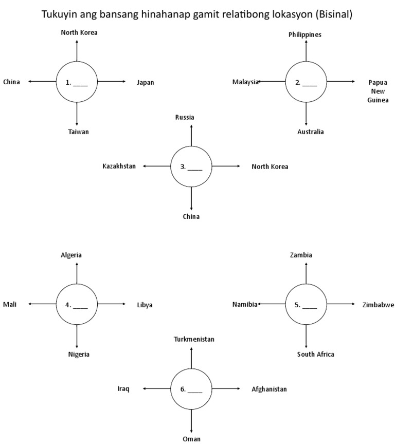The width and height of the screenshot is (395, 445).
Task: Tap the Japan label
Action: (145, 82)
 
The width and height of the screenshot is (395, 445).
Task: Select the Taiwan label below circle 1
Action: (78, 132)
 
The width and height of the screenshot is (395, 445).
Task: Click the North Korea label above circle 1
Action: (79, 32)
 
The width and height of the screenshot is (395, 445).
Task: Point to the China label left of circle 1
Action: (11, 82)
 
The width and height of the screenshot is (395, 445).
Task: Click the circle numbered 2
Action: (306, 82)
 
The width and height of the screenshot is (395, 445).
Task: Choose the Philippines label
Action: (305, 34)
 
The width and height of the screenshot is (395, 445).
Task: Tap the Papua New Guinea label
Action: (378, 91)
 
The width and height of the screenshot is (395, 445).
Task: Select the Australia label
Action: (310, 132)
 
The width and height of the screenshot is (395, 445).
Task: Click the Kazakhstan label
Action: (119, 166)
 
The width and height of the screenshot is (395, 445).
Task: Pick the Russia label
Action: (185, 117)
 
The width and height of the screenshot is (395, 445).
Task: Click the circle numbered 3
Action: (191, 166)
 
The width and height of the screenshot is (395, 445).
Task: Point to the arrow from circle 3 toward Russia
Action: (191, 135)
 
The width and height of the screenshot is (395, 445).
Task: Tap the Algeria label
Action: (71, 255)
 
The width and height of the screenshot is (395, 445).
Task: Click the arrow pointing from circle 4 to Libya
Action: (112, 304)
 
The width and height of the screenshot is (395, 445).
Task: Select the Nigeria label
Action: (79, 354)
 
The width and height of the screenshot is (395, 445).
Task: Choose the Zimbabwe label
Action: (378, 305)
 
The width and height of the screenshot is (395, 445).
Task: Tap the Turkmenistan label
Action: (194, 339)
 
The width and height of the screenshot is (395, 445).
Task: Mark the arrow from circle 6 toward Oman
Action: (191, 420)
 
